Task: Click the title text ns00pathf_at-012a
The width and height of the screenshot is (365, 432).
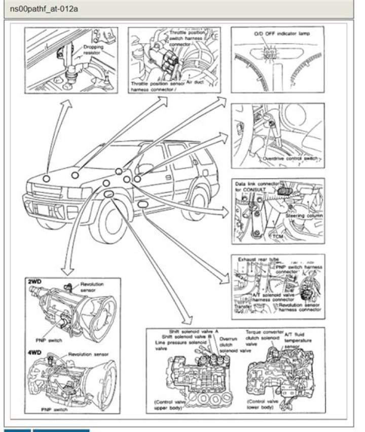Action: pos(44,9)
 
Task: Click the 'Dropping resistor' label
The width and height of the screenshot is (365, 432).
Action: pos(94,49)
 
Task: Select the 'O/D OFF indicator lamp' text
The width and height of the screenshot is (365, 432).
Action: pos(281,34)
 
